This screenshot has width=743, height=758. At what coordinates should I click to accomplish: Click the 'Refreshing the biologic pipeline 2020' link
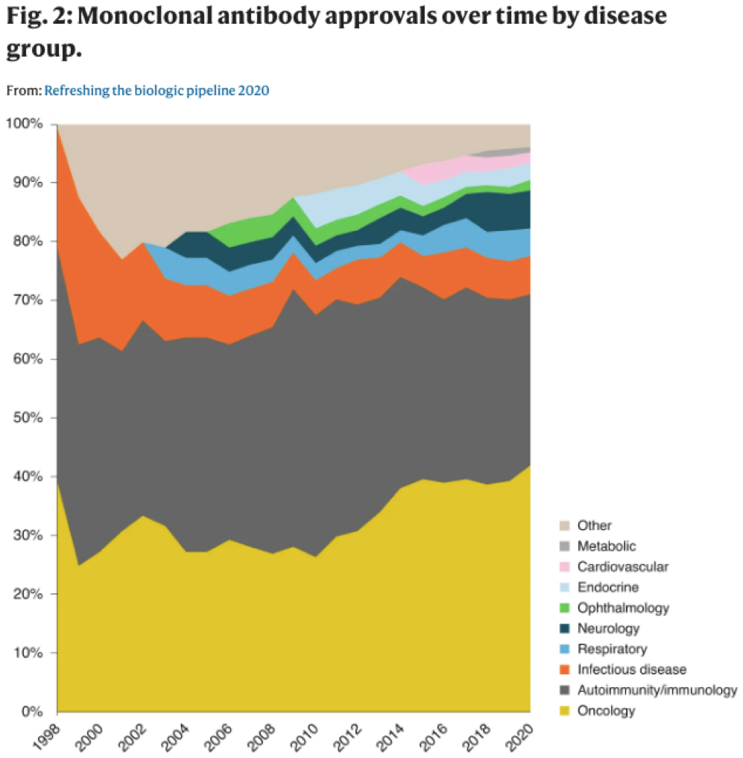(x=156, y=91)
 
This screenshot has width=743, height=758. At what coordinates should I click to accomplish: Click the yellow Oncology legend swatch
(x=564, y=711)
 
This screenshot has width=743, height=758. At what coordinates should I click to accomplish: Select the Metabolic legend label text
(x=607, y=546)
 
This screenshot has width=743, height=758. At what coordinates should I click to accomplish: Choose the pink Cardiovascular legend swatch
(x=564, y=566)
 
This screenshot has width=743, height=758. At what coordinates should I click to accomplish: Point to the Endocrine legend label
(x=607, y=587)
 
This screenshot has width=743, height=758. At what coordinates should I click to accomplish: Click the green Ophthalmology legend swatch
(x=564, y=608)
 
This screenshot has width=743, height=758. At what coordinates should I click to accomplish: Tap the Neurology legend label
(x=608, y=628)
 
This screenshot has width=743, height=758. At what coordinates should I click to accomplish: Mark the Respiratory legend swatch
(x=564, y=649)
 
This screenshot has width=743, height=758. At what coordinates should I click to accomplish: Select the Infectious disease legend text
(x=631, y=670)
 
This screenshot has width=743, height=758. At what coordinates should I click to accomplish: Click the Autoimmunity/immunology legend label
(x=657, y=690)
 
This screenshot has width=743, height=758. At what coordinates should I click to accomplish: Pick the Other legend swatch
(x=564, y=525)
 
